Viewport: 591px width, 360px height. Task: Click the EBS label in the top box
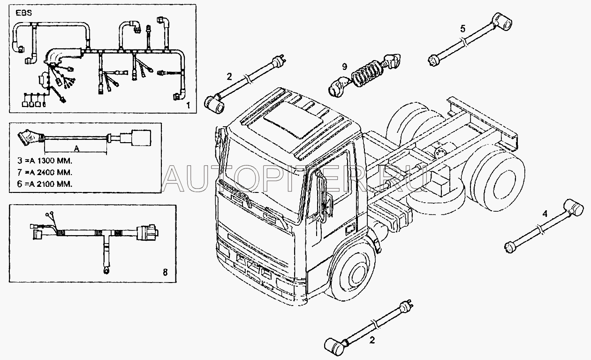[x=24, y=13]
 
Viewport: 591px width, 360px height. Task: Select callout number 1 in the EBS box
[x=188, y=106]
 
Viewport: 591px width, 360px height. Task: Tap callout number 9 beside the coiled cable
[x=345, y=67]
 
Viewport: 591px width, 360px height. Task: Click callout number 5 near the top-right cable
[x=463, y=29]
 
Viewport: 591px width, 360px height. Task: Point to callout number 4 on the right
[x=545, y=214]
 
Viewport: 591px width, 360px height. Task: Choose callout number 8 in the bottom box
[x=165, y=272]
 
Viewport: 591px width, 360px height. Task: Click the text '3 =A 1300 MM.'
[x=45, y=161]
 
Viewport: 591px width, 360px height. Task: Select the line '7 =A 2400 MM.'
[x=45, y=172]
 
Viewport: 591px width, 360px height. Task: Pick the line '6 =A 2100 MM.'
[x=45, y=184]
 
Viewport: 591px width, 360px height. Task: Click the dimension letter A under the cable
[x=76, y=149]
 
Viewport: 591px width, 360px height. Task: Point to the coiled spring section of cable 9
[x=367, y=74]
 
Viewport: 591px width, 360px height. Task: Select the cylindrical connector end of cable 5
[x=503, y=22]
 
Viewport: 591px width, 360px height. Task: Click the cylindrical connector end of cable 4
[x=573, y=208]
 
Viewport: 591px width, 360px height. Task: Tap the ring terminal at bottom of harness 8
[x=106, y=270]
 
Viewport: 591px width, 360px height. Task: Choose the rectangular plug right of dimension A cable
[x=142, y=138]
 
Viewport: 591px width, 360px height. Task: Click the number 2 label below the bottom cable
[x=372, y=340]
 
